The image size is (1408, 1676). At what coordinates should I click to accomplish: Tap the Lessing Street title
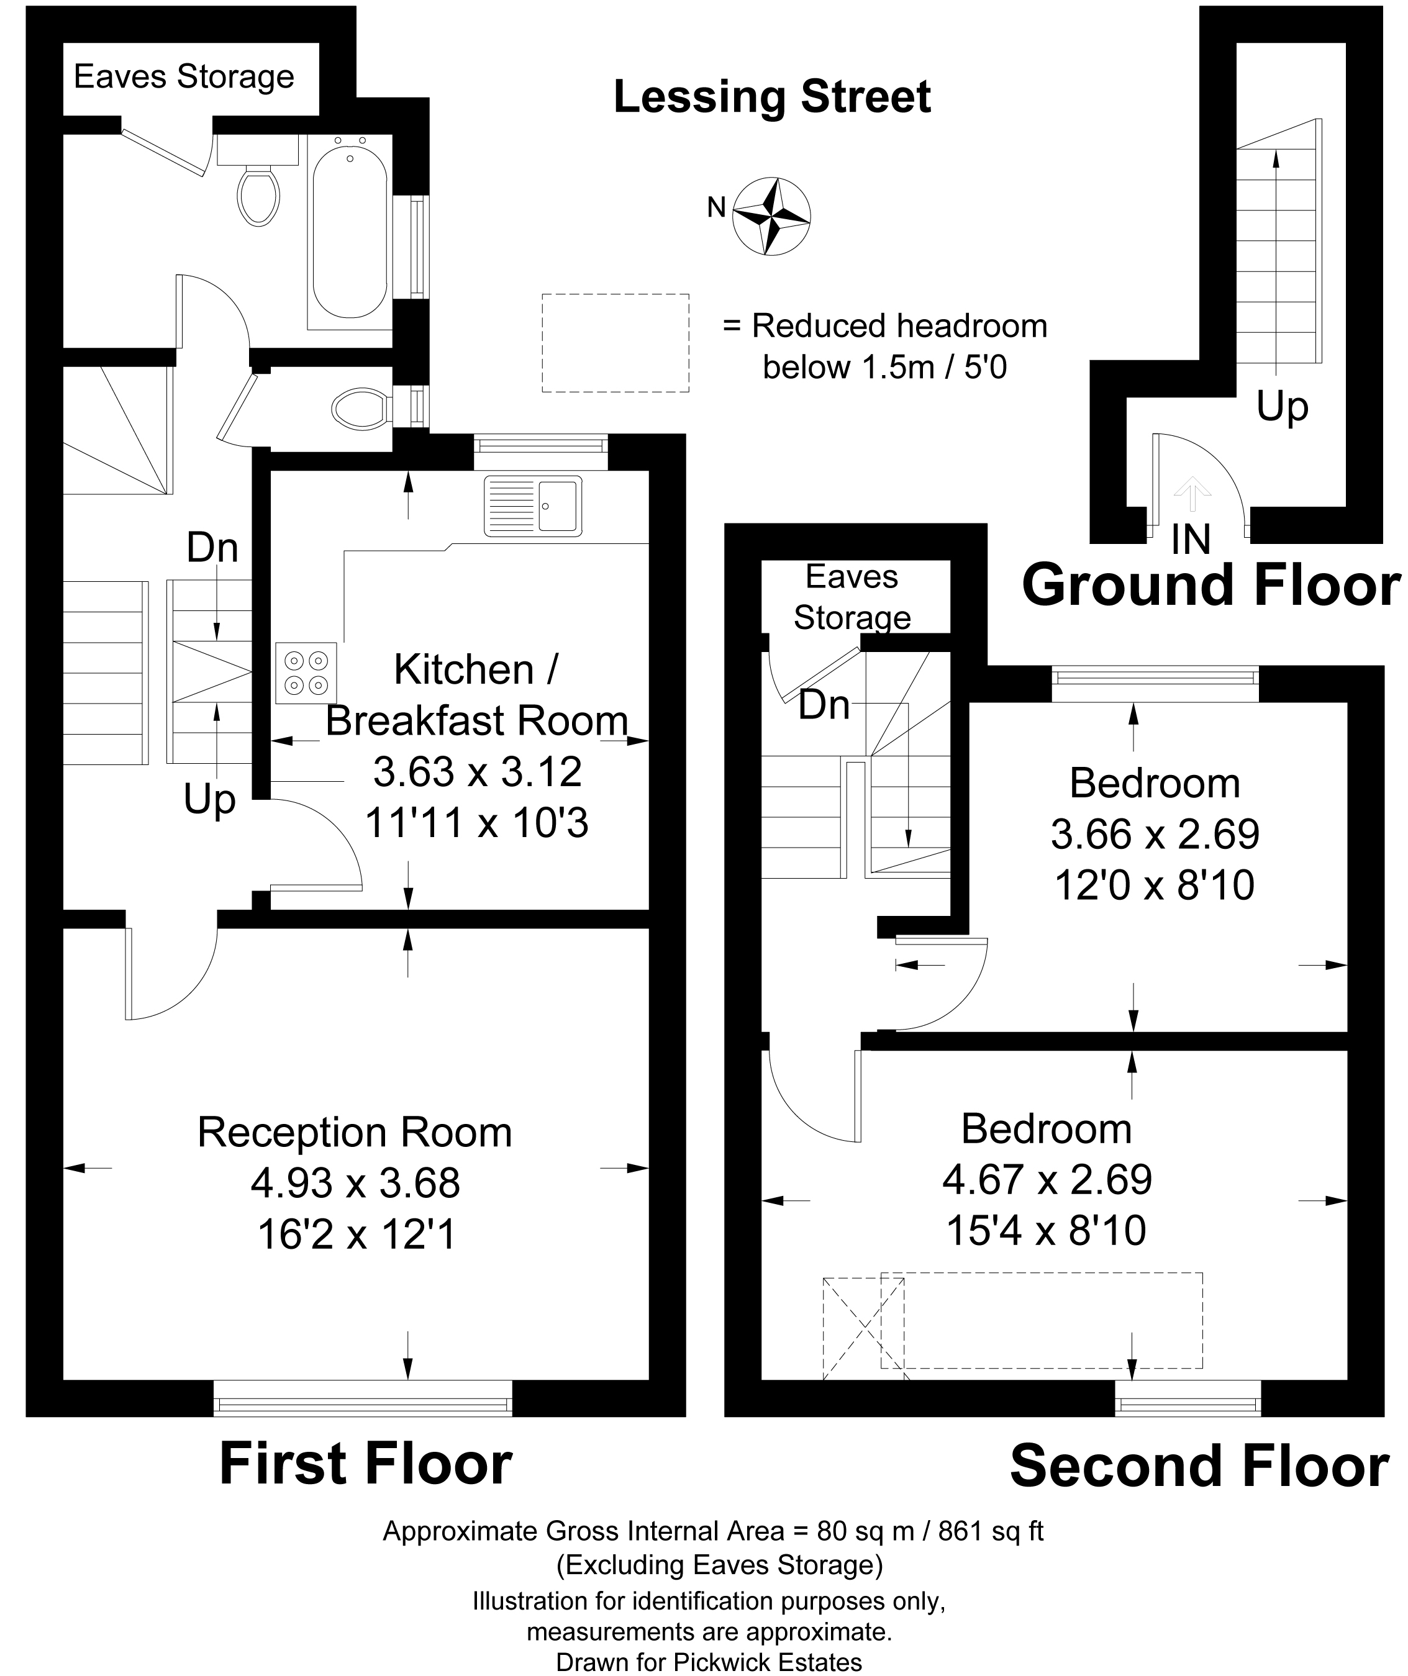click(x=772, y=97)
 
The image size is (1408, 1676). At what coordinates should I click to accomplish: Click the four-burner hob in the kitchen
click(x=306, y=673)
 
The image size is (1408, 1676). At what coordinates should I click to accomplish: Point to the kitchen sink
click(x=532, y=506)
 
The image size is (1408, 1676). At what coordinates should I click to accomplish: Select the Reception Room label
click(x=355, y=1133)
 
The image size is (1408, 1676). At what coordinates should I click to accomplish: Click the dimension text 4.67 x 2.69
click(x=1047, y=1180)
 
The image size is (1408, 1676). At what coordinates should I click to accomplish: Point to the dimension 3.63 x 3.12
click(x=478, y=772)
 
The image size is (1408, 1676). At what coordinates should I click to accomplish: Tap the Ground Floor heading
click(x=1211, y=585)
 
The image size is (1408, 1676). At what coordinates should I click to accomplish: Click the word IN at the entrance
click(x=1191, y=540)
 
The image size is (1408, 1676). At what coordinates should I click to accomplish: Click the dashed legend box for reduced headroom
click(x=615, y=343)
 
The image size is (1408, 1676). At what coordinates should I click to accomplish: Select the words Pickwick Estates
click(x=768, y=1662)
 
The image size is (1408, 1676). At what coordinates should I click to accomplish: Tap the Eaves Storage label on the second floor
click(x=853, y=597)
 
